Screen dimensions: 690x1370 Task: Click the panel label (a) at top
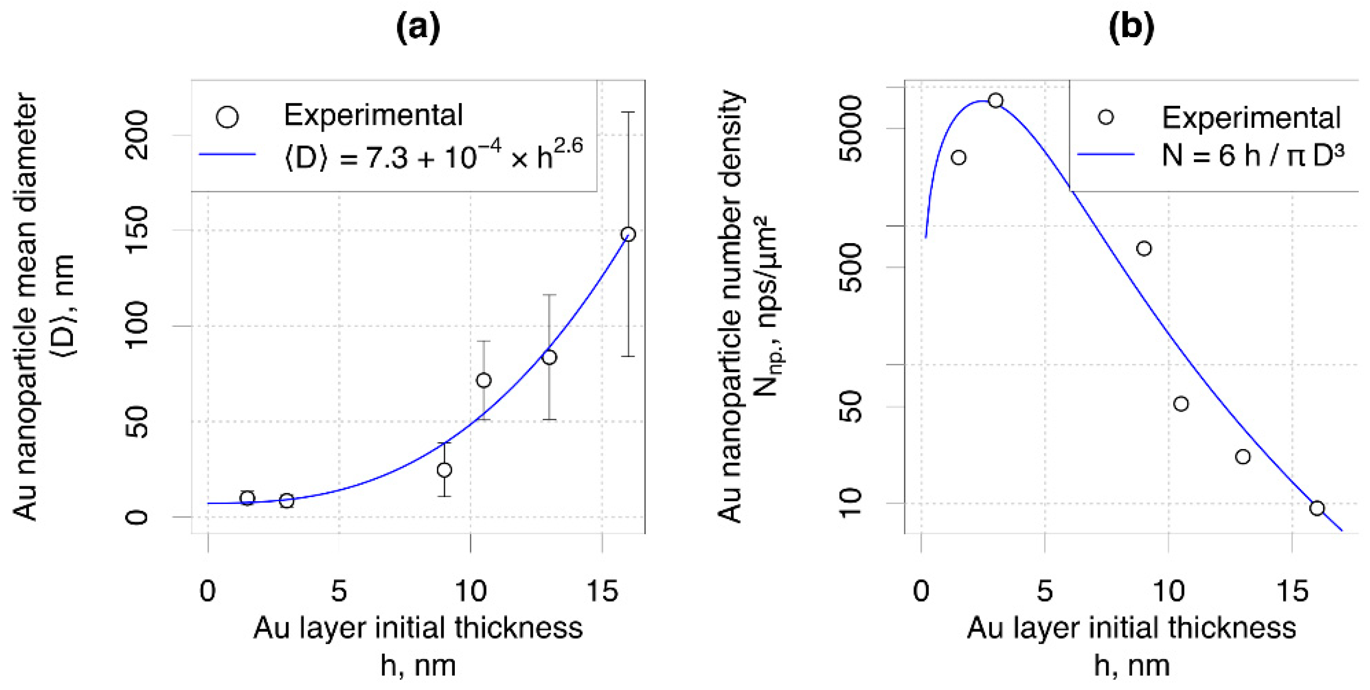418,28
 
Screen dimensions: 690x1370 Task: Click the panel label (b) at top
1131,28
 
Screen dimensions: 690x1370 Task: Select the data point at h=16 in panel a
628,234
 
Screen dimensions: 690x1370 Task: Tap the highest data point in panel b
995,101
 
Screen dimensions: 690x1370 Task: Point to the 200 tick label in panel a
137,135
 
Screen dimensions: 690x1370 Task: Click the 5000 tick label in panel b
850,128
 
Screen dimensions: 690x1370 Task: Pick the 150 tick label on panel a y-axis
137,230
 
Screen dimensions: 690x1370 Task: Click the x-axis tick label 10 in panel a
471,591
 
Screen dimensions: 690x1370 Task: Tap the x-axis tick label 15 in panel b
1292,591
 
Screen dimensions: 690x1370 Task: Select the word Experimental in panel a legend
373,115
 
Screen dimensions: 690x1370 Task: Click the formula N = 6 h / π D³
1253,156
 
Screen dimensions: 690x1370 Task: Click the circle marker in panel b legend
1105,117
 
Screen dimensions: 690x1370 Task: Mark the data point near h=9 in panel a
444,470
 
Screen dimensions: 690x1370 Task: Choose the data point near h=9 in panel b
1144,248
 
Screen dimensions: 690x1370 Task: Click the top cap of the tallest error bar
628,112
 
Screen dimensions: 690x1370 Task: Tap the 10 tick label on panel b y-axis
850,503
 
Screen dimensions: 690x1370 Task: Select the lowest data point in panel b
1317,508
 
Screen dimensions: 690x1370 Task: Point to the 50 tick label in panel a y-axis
137,421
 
